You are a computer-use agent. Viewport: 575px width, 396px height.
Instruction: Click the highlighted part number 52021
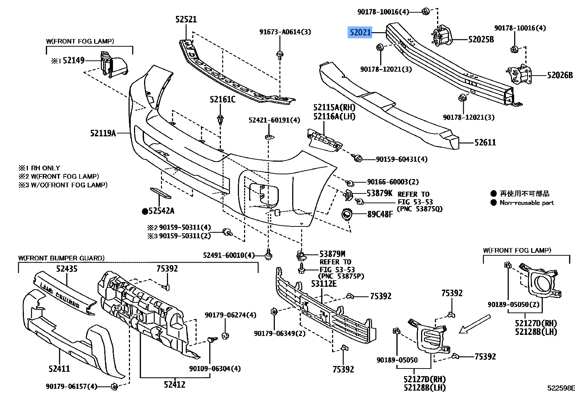coord(360,33)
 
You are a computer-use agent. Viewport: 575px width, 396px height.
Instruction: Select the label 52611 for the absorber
coord(485,142)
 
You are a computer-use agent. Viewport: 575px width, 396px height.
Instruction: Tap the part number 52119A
coord(103,133)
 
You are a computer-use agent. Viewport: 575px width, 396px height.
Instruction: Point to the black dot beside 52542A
coord(145,211)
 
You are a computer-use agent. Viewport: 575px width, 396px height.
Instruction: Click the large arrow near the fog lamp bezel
coord(474,324)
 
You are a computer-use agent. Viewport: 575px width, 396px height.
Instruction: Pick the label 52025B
coord(481,39)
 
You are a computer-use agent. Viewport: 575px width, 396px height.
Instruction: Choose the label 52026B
coord(560,75)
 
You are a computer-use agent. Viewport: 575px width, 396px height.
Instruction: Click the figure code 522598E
coord(561,388)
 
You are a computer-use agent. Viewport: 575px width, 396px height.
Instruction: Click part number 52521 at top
coord(186,19)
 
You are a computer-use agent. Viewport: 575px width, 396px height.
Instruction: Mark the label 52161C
coord(222,99)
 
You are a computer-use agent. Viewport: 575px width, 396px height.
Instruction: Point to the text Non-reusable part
coord(526,203)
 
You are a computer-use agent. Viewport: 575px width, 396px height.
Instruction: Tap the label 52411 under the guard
coord(59,369)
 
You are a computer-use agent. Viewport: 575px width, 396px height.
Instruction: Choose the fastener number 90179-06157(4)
coord(72,387)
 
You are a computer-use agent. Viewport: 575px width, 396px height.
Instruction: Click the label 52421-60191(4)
coord(274,120)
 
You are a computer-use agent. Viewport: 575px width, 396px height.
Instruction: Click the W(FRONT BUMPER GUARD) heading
coord(61,258)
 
